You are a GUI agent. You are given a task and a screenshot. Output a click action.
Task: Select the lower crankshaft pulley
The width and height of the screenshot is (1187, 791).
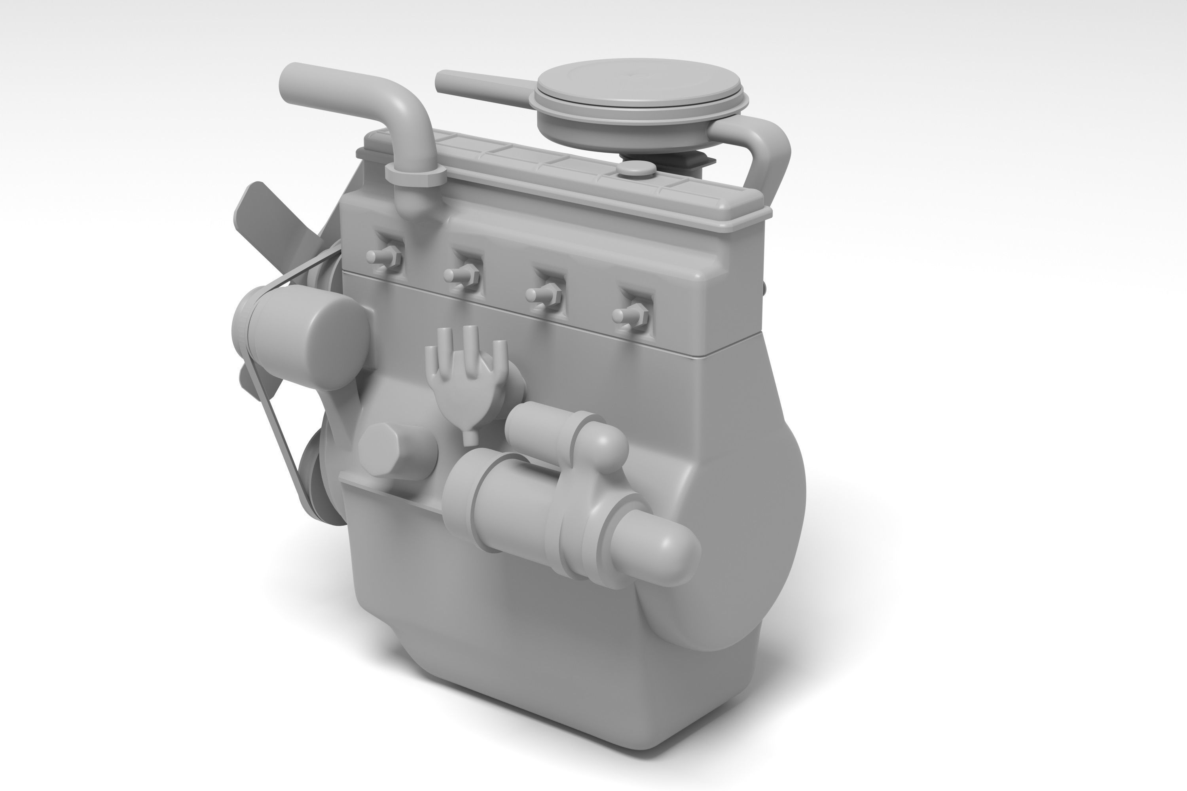[320, 484]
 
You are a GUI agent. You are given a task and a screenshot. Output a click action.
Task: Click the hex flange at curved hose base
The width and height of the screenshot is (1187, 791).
[415, 174]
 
